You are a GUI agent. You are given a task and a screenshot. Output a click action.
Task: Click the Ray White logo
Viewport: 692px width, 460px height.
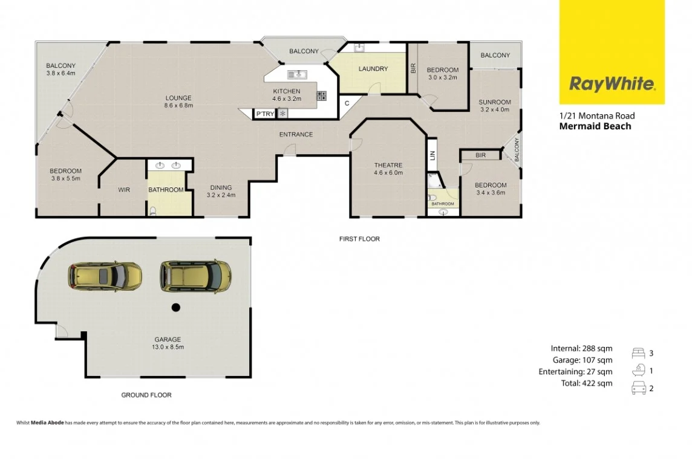click(x=612, y=83)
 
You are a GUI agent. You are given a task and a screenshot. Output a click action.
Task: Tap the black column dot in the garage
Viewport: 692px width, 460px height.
click(x=175, y=308)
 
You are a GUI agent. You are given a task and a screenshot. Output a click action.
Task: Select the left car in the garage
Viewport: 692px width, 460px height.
click(x=105, y=276)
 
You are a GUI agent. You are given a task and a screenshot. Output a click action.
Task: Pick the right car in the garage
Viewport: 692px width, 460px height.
click(x=195, y=275)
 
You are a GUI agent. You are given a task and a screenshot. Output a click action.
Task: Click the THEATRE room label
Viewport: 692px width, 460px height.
click(x=388, y=165)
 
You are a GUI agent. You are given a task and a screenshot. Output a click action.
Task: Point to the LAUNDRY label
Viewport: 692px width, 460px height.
click(x=373, y=69)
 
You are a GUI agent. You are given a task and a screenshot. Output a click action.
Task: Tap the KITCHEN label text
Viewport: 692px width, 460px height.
click(x=287, y=91)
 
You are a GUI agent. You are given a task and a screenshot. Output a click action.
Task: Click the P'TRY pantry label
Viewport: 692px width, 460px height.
click(x=264, y=114)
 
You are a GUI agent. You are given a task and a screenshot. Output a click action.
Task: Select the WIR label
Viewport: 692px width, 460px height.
click(x=124, y=190)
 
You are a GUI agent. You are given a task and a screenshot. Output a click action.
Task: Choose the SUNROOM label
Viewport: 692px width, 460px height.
click(x=495, y=102)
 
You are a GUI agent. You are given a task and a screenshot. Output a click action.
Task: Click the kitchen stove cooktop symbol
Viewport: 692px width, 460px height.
click(x=322, y=96)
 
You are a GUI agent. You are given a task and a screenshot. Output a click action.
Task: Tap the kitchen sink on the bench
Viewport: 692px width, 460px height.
click(x=297, y=74)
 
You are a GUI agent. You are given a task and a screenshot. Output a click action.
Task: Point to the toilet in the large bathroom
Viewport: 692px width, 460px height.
click(x=153, y=210)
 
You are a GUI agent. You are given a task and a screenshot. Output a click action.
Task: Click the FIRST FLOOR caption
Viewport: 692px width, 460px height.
click(x=359, y=239)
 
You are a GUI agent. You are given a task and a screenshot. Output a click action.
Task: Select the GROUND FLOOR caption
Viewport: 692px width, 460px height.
click(x=146, y=395)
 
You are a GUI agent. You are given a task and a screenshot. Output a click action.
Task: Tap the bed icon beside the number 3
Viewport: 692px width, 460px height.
click(x=638, y=353)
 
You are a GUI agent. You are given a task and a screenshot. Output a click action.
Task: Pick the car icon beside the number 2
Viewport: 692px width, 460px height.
click(x=638, y=388)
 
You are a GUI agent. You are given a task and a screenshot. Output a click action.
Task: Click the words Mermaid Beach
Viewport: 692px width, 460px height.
click(x=595, y=126)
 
